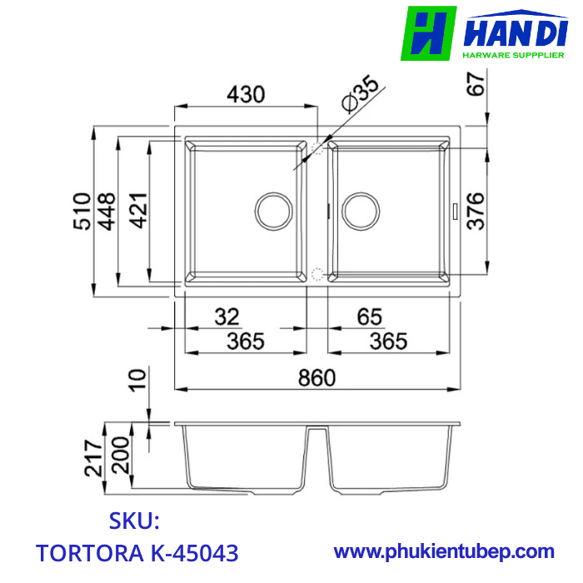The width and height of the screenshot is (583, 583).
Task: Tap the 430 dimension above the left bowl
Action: pyautogui.click(x=247, y=94)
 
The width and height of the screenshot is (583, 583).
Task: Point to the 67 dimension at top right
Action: pyautogui.click(x=476, y=85)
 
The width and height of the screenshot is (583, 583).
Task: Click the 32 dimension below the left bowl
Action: pyautogui.click(x=226, y=316)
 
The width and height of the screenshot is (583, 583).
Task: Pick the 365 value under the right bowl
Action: pyautogui.click(x=388, y=341)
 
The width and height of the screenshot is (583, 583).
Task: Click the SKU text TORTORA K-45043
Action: pyautogui.click(x=137, y=552)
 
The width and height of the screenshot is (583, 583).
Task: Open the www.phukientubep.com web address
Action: pyautogui.click(x=444, y=551)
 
